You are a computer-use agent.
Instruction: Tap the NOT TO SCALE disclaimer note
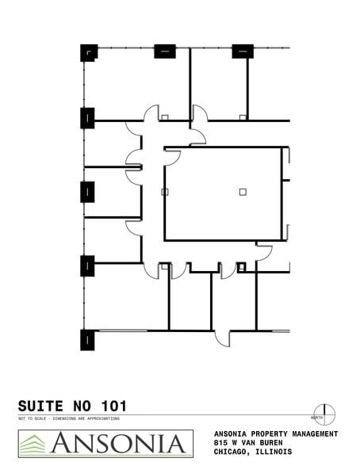pos(69,418)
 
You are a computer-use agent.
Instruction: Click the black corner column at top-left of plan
pos(88,52)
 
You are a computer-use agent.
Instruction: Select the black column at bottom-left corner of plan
pos(87,339)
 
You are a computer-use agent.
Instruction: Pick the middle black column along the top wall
pos(164,51)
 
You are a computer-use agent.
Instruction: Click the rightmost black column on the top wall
pos(243,51)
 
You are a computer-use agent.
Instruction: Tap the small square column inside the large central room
pos(243,191)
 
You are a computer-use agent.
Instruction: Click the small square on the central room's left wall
pos(164,192)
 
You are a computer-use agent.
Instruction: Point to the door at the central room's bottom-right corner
pos(264,252)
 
